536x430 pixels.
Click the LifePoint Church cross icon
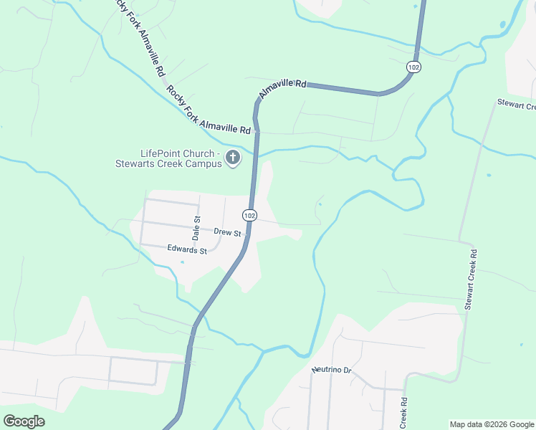pyautogui.click(x=232, y=158)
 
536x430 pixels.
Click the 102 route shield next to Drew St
pyautogui.click(x=249, y=215)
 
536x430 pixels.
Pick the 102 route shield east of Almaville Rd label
pyautogui.click(x=413, y=67)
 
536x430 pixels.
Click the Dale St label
pyautogui.click(x=196, y=228)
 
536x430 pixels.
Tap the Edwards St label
pyautogui.click(x=186, y=250)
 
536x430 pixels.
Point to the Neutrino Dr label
pyautogui.click(x=332, y=370)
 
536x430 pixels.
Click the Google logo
pyautogui.click(x=24, y=421)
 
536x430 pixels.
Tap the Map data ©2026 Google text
pyautogui.click(x=491, y=424)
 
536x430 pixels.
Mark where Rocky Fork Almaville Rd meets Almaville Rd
pyautogui.click(x=255, y=132)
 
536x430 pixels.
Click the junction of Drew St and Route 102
pyautogui.click(x=248, y=234)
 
